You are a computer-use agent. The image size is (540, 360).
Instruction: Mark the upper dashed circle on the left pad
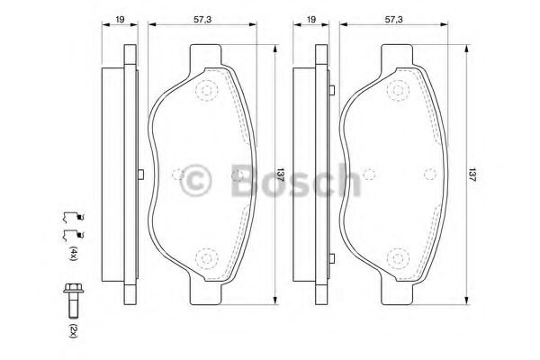[207, 90]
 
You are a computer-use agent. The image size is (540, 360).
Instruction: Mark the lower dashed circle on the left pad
[207, 260]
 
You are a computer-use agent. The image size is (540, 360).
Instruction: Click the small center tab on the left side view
[140, 175]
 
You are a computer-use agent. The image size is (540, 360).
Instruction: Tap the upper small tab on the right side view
[333, 90]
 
